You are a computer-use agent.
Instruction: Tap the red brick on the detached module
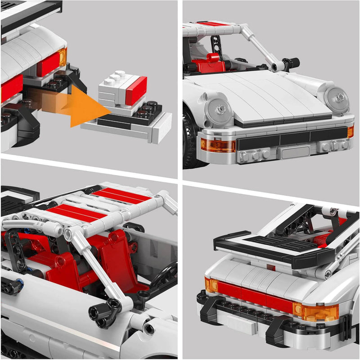click(136, 90)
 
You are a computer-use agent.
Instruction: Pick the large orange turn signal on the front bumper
click(218, 145)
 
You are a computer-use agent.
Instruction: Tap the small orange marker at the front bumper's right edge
click(350, 132)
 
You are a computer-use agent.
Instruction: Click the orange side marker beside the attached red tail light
click(63, 57)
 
